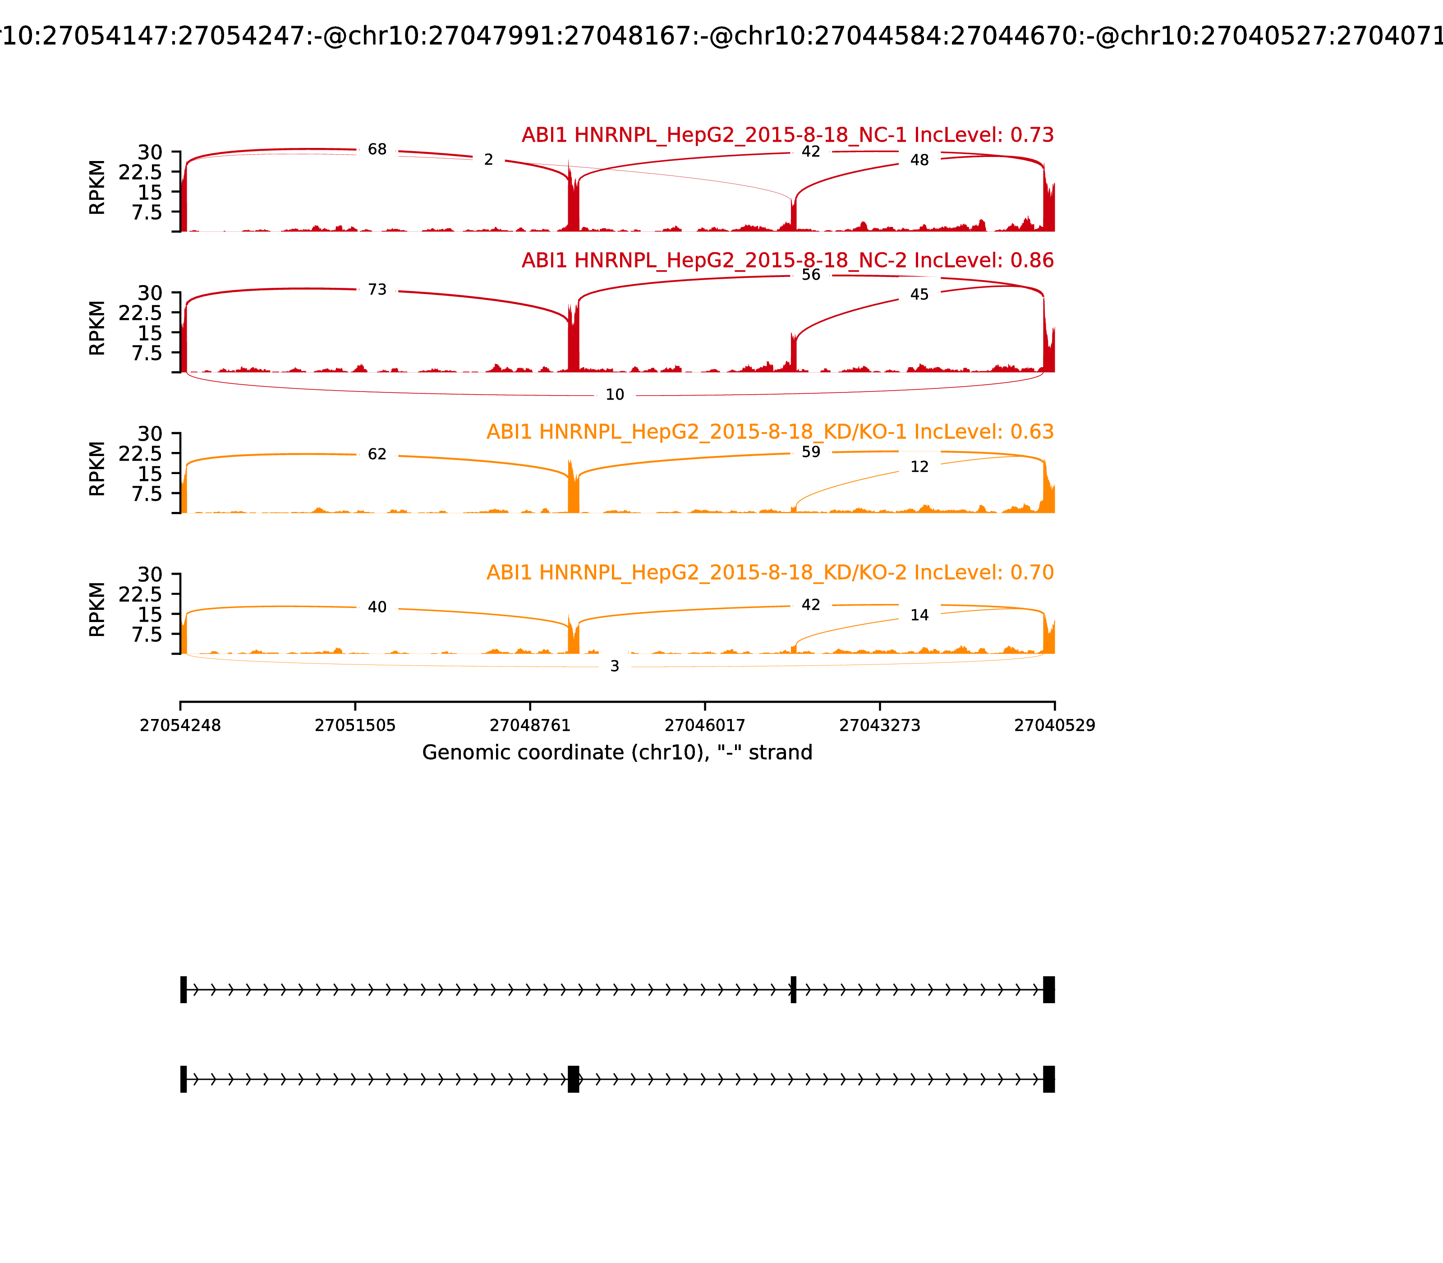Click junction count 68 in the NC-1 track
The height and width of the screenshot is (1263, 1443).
tap(377, 149)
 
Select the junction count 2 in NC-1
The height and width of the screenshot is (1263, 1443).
tap(488, 160)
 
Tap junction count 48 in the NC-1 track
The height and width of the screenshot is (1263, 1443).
tap(919, 160)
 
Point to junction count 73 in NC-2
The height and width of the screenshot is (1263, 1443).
tap(377, 290)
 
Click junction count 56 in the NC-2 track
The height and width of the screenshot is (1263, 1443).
tap(811, 275)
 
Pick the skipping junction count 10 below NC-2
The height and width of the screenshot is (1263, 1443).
tap(614, 395)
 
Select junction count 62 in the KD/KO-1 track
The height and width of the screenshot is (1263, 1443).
tap(377, 454)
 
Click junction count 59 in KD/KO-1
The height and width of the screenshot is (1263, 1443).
tap(811, 452)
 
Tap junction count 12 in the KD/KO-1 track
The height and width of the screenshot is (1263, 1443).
tap(919, 466)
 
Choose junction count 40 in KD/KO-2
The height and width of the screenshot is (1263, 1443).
tap(377, 607)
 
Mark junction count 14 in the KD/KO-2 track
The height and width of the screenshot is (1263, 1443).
tap(919, 615)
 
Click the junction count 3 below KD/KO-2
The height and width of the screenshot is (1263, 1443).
tap(614, 666)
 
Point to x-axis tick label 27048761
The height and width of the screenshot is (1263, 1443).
tap(530, 725)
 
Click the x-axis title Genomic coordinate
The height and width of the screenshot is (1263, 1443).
tap(617, 753)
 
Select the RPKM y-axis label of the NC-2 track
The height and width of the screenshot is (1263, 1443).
tap(97, 328)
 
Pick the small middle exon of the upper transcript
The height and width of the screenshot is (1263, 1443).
tap(793, 990)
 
